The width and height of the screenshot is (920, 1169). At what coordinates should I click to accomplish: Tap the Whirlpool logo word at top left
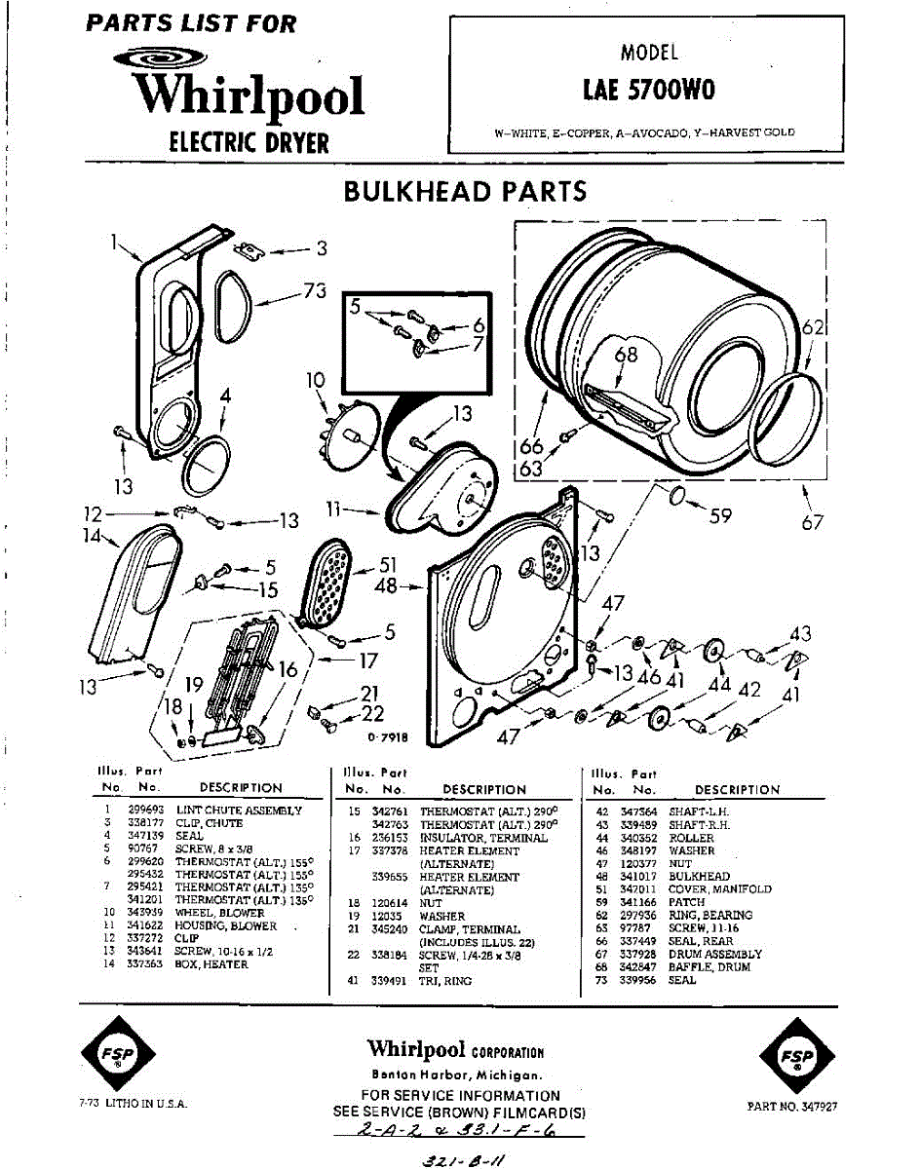pos(249,96)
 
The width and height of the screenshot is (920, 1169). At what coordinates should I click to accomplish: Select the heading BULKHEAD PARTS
pos(465,192)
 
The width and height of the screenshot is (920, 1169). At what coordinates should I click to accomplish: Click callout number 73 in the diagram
pos(313,291)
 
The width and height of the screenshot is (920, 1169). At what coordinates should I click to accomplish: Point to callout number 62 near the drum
pos(813,328)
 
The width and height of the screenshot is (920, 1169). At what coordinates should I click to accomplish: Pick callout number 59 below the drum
pos(719,515)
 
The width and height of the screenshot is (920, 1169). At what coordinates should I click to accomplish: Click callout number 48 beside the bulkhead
pos(387,586)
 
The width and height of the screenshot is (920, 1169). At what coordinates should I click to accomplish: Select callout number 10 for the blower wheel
pos(315,380)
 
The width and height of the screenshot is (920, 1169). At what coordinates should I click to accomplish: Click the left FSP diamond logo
pos(114,1056)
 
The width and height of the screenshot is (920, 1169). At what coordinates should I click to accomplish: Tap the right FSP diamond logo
pos(796,1056)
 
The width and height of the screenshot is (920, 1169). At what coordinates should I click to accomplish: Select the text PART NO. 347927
pos(792,1107)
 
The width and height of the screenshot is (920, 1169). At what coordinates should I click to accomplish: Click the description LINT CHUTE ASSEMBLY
pos(239,811)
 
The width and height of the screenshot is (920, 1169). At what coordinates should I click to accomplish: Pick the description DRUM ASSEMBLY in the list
pos(714,955)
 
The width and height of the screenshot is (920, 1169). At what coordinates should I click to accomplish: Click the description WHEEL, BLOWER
pos(218,913)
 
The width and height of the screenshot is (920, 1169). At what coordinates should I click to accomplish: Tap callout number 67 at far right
pos(813,524)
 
